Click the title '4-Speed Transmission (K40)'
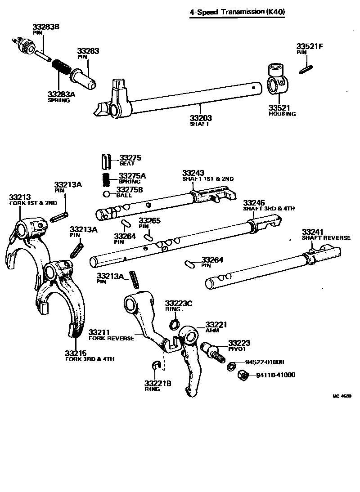[x=237, y=12]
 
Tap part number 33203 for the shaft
[x=200, y=118]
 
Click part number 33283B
[x=45, y=27]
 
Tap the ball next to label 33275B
[x=107, y=194]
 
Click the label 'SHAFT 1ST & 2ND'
[x=208, y=179]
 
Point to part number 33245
[x=254, y=203]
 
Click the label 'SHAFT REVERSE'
[x=326, y=237]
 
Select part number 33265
[x=149, y=220]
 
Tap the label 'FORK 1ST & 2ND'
[x=33, y=203]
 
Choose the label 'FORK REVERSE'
[x=111, y=338]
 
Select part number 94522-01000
[x=264, y=362]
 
